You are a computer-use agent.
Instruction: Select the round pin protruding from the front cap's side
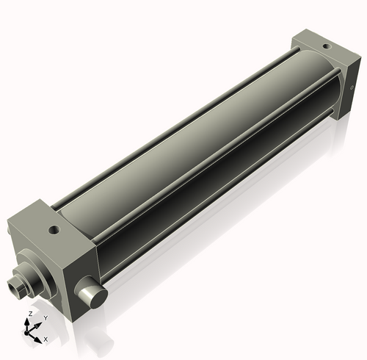click(93, 295)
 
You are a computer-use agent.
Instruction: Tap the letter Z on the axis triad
click(29, 314)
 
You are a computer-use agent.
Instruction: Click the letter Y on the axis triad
click(46, 317)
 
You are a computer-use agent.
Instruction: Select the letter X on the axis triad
click(46, 339)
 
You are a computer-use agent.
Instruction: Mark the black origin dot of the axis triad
click(30, 332)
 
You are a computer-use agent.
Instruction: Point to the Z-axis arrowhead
click(29, 321)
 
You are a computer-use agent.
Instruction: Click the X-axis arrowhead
click(39, 339)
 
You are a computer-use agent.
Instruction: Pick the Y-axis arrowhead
click(39, 324)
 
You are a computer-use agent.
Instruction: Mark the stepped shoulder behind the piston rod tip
click(23, 279)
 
